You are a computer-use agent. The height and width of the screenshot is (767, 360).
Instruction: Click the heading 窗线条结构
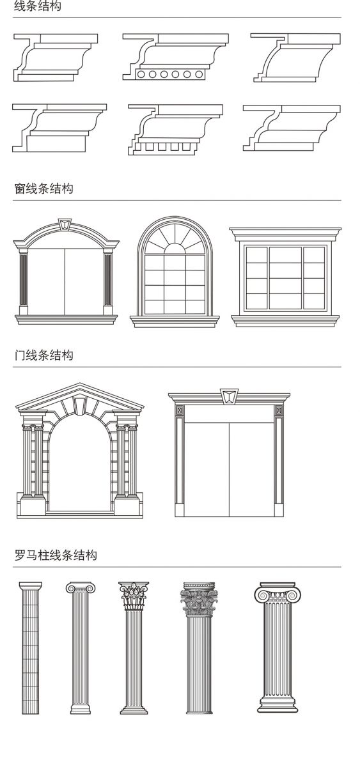tap(44, 189)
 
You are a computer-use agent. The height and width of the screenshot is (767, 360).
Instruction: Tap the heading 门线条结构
tap(44, 355)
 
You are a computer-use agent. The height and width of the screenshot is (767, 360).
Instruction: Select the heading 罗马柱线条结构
tap(56, 555)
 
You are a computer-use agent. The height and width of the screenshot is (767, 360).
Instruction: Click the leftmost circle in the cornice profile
tap(141, 74)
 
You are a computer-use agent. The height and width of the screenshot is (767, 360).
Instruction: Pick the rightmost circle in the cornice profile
tap(199, 74)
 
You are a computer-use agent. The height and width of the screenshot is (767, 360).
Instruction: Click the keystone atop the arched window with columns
tap(64, 224)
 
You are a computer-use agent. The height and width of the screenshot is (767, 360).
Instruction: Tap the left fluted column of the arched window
tap(23, 282)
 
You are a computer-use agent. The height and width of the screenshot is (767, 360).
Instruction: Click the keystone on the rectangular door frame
tap(229, 396)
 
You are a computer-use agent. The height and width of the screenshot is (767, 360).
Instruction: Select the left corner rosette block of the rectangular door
tap(180, 410)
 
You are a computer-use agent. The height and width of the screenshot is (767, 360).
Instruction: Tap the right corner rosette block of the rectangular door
tap(279, 410)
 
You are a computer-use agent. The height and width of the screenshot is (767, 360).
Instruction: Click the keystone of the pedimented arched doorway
tap(79, 405)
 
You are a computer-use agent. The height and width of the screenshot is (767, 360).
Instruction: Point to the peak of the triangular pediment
tap(80, 383)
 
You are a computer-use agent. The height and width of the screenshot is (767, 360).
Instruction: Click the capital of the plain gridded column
tap(31, 586)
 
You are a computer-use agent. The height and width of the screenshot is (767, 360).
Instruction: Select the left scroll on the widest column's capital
tap(262, 596)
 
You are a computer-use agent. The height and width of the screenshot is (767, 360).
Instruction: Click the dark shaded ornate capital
tap(199, 600)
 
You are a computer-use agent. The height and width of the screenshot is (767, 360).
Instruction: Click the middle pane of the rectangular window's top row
tap(285, 254)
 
